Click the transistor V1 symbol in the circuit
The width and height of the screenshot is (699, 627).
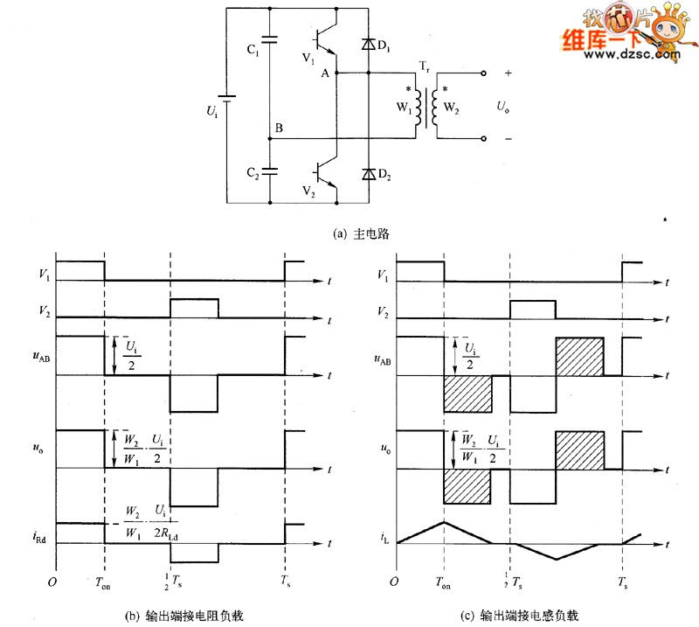[x=325, y=38]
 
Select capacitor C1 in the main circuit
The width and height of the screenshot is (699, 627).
[x=271, y=40]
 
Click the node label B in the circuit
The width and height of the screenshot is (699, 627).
[x=278, y=129]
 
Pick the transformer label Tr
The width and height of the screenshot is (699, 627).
[x=426, y=66]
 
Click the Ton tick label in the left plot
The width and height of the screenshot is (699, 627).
[x=105, y=582]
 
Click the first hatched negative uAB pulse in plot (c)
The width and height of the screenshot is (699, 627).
[x=467, y=394]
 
